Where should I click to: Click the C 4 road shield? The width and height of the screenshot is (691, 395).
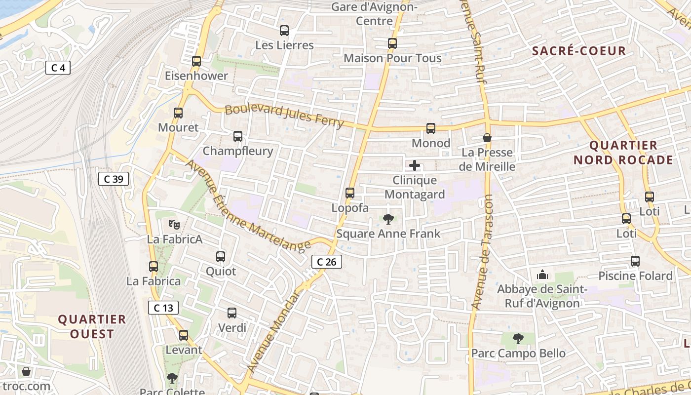pyautogui.click(x=58, y=68)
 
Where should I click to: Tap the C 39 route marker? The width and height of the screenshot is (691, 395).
pyautogui.click(x=114, y=179)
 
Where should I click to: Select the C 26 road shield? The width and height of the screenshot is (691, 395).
pyautogui.click(x=327, y=262)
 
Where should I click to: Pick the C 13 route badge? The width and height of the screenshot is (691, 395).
pyautogui.click(x=163, y=308)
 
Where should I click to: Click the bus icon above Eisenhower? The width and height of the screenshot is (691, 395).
pyautogui.click(x=196, y=61)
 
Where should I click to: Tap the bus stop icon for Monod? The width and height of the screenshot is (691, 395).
pyautogui.click(x=431, y=128)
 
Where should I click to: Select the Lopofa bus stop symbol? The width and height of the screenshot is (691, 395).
pyautogui.click(x=350, y=193)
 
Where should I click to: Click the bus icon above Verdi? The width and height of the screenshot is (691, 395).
pyautogui.click(x=232, y=313)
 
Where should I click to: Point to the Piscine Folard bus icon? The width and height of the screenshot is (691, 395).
pyautogui.click(x=635, y=261)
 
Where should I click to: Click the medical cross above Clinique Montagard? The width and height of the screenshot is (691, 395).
pyautogui.click(x=415, y=165)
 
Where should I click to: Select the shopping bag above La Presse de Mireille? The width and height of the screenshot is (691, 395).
pyautogui.click(x=487, y=138)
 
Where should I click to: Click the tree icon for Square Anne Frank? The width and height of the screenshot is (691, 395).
pyautogui.click(x=388, y=219)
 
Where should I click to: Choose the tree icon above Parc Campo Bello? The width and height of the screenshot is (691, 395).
pyautogui.click(x=518, y=339)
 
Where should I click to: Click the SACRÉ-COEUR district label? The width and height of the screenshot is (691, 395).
pyautogui.click(x=579, y=51)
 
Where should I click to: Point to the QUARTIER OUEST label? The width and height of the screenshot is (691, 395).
pyautogui.click(x=92, y=326)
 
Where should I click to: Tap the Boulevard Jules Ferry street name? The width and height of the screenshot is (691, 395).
pyautogui.click(x=284, y=116)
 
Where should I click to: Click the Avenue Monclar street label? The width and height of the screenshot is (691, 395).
pyautogui.click(x=274, y=332)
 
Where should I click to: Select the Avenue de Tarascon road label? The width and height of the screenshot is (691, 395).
pyautogui.click(x=483, y=252)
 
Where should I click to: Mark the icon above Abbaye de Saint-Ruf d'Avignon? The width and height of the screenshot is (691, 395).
pyautogui.click(x=542, y=274)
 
